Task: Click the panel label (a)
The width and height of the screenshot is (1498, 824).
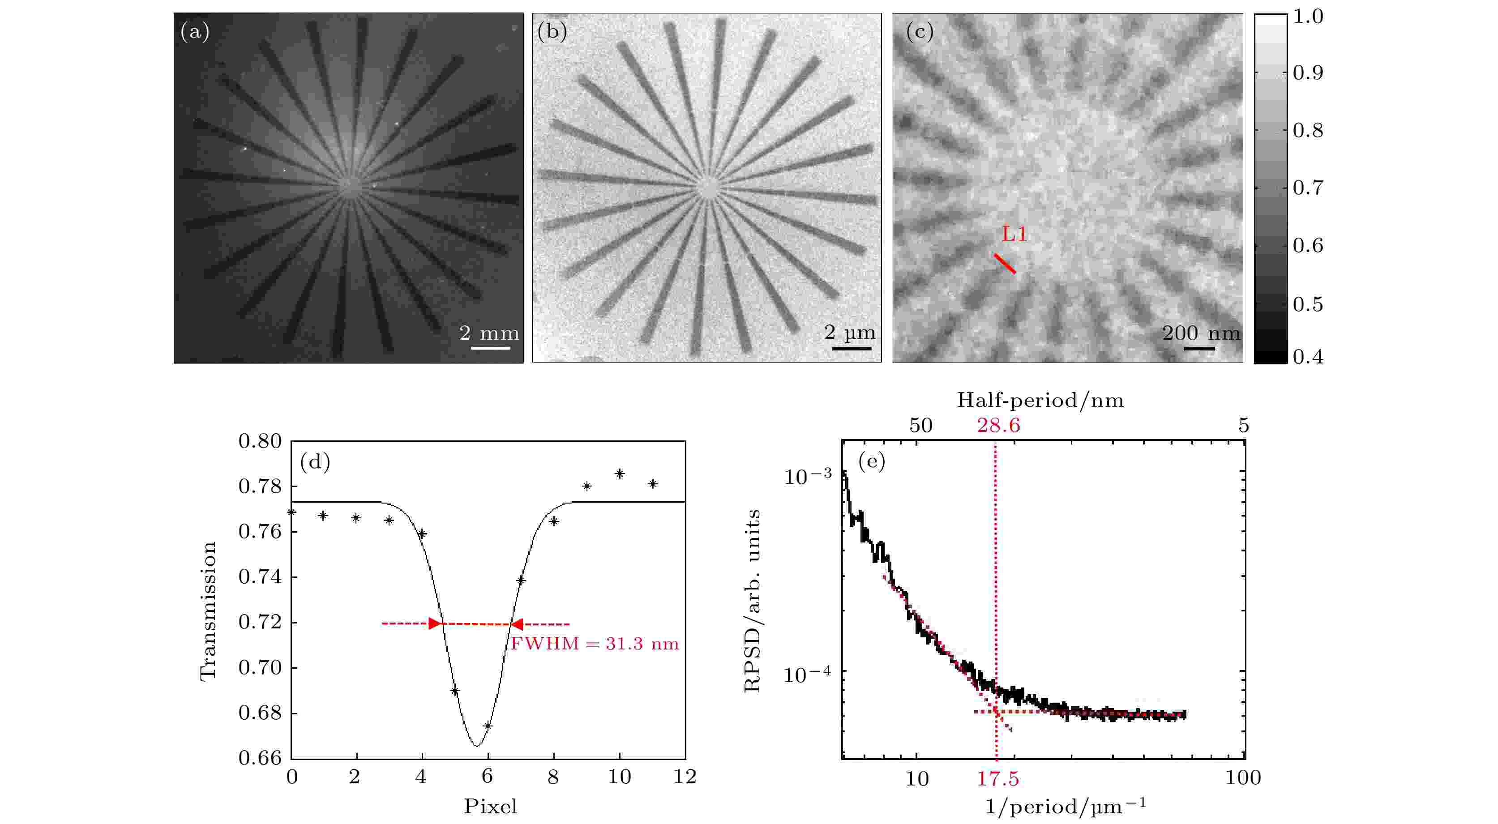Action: [x=195, y=31]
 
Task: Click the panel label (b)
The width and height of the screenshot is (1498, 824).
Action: [x=552, y=31]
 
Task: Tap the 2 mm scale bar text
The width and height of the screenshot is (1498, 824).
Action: [x=489, y=333]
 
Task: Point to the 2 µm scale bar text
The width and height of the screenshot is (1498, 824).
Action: [x=850, y=333]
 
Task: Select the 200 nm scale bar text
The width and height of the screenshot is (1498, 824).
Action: [x=1201, y=333]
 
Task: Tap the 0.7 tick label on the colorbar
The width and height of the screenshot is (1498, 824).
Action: [x=1308, y=188]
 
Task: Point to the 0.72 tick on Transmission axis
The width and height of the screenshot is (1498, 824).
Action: [x=260, y=623]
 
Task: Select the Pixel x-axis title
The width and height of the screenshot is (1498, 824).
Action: [x=490, y=807]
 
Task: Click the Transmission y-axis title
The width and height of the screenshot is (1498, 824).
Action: [x=208, y=611]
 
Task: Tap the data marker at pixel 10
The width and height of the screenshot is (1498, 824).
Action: [x=620, y=474]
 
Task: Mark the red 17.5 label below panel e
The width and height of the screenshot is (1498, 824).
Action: [x=997, y=779]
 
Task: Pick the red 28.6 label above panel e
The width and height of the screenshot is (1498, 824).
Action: [x=998, y=426]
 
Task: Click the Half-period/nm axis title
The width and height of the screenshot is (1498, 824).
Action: [x=1040, y=400]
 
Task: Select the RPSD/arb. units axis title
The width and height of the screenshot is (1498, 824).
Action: [x=753, y=601]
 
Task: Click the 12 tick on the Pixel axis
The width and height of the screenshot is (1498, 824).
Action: [x=685, y=777]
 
